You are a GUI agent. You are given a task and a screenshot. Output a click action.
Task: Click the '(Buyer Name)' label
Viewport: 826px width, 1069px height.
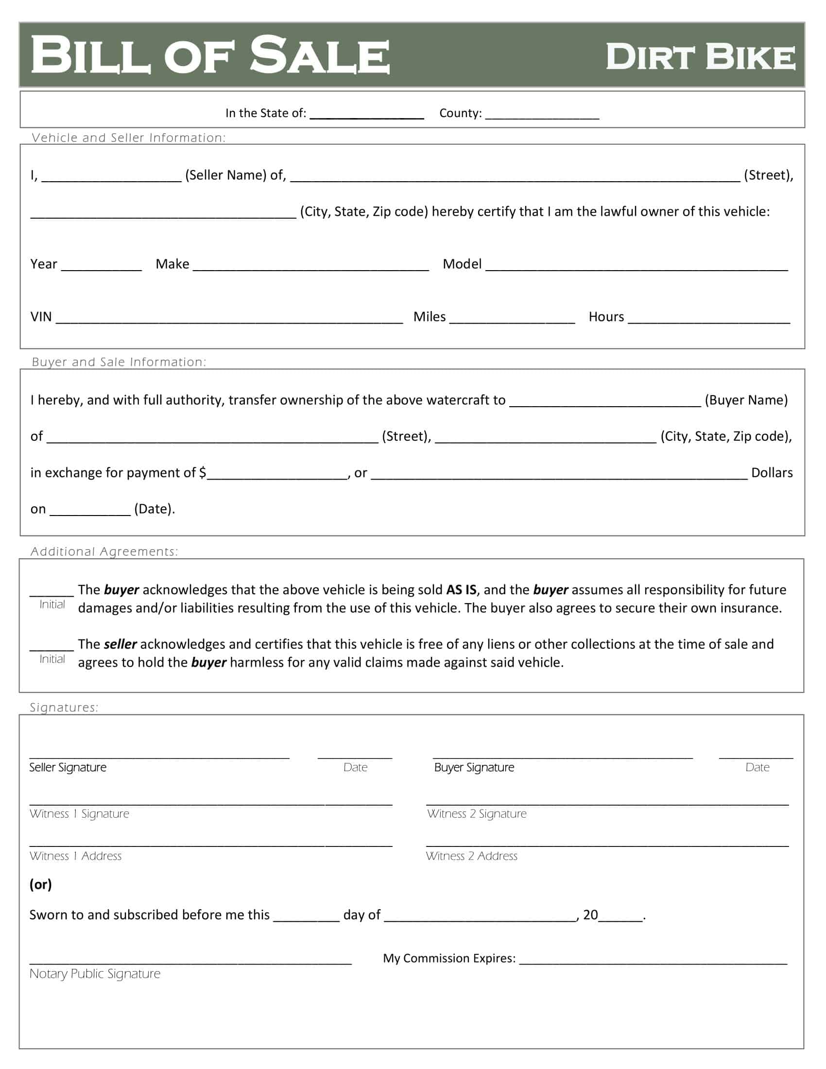(x=746, y=400)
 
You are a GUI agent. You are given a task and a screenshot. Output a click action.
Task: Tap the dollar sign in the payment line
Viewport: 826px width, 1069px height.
(x=203, y=473)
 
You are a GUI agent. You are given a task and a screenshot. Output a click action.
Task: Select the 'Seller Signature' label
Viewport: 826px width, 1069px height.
(x=68, y=767)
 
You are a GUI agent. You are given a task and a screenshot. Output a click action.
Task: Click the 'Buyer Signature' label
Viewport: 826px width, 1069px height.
(x=474, y=767)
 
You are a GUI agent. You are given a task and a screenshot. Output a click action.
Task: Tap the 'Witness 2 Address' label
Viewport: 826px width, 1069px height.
(x=471, y=856)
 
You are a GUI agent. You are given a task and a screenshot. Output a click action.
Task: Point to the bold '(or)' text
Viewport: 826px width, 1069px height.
(x=41, y=884)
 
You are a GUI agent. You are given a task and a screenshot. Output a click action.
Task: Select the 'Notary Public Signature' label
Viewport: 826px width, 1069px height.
(x=95, y=974)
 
